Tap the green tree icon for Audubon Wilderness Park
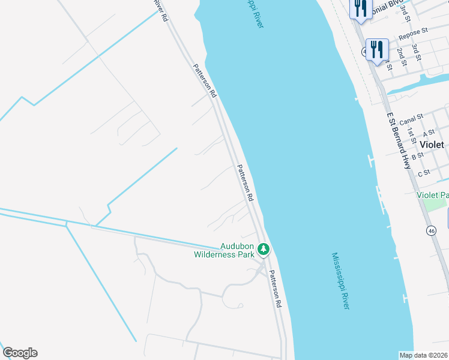coord(263,249)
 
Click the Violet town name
coord(432,145)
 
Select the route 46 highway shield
coord(431,230)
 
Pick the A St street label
coord(429,134)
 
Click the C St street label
coord(424,173)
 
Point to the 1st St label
coord(411,134)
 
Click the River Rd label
coord(160,11)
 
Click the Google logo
coord(20,353)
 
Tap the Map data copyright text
coord(424,355)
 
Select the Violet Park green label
coord(432,195)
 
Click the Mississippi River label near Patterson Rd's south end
coord(340,281)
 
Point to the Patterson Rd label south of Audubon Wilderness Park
coord(275,289)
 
